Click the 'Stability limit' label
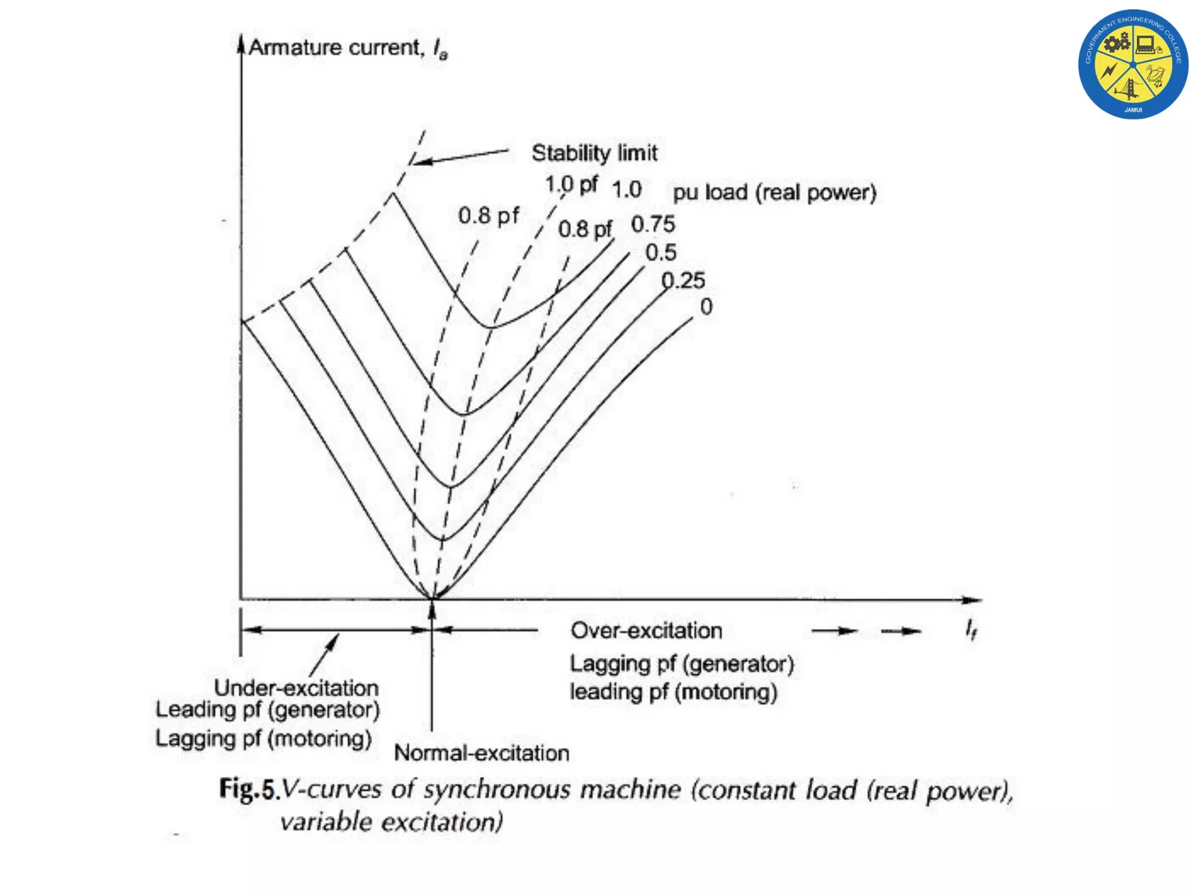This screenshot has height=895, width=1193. pos(594,153)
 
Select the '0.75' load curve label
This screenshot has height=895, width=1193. pos(653,224)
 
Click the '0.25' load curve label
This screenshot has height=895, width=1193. pos(683,281)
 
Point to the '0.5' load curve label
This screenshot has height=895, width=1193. pos(661,252)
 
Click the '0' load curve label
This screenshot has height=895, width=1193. pos(706,306)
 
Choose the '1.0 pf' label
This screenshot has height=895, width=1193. pos(571,185)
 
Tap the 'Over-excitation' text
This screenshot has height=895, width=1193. pos(646,630)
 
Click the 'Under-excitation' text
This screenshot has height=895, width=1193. pos(296,688)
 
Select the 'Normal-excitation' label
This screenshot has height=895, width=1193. pos(481,753)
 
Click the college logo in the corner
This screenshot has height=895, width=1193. pos(1133,64)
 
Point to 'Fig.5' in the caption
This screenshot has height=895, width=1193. pos(246,790)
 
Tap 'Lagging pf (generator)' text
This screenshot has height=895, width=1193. pos(682,664)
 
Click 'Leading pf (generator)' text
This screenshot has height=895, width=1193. pos(267,710)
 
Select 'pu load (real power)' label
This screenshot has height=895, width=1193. pos(774,192)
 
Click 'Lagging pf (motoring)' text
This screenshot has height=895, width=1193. pos(263,738)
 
